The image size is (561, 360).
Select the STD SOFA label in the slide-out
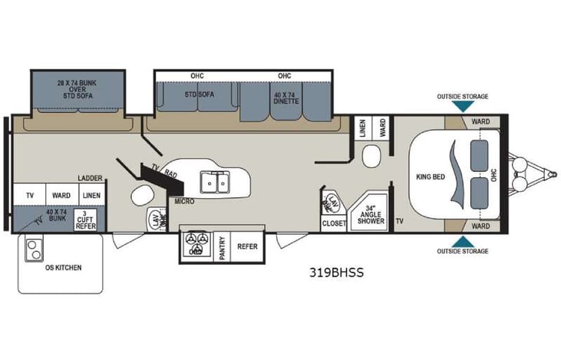coord(199,94)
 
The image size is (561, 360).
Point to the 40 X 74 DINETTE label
coord(285,97)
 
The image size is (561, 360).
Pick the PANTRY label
coord(223,247)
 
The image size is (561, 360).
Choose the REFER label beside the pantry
coord(247,247)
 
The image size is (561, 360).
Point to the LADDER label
coord(90,178)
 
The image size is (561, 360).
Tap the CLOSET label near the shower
coord(333,223)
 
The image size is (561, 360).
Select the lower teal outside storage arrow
coord(462,242)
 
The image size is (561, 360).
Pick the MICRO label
coord(183,202)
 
